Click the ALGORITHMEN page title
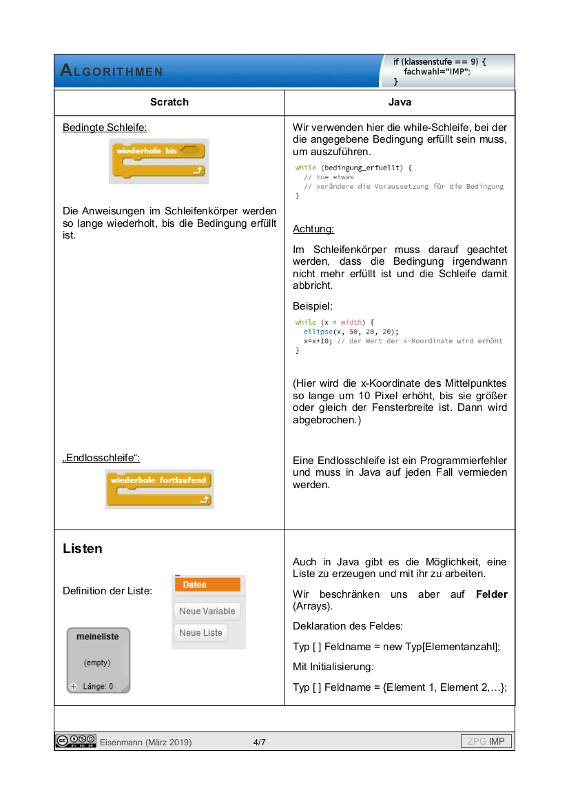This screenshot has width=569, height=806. click(112, 71)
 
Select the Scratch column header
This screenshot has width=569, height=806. click(169, 102)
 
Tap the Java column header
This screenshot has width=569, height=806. click(400, 102)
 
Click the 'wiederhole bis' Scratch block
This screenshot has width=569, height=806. click(158, 161)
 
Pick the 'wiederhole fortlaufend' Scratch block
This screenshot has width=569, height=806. click(159, 489)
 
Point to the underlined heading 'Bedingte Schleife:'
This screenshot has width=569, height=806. click(105, 128)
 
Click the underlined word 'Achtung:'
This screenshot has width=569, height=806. click(313, 229)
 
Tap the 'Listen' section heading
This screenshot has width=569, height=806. click(83, 549)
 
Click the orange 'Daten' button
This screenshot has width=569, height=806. click(207, 585)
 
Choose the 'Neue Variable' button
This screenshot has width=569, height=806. click(207, 611)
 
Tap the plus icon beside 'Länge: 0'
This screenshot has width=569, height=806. click(74, 686)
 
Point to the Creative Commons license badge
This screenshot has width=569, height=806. click(76, 741)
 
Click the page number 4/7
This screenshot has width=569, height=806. click(260, 742)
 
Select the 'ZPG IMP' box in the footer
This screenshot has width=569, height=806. click(486, 742)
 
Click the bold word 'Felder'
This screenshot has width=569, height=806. click(491, 594)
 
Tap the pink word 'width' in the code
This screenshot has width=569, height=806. click(351, 322)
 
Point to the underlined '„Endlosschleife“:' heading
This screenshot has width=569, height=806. click(101, 458)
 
